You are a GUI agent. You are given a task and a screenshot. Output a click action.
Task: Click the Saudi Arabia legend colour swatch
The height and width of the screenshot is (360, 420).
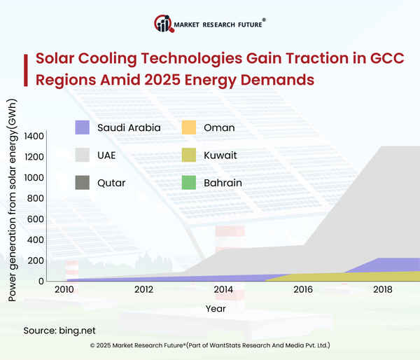click(83, 127)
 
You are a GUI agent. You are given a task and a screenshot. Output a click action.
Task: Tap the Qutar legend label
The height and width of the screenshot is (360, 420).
click(112, 183)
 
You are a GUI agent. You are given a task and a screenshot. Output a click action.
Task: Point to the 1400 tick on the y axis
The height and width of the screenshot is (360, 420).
click(33, 136)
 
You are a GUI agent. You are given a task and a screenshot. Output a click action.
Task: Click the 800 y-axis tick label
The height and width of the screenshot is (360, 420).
click(35, 198)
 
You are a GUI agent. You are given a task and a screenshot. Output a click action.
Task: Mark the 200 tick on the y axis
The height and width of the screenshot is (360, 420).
click(35, 261)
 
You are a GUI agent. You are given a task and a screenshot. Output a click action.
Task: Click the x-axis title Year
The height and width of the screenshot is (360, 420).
click(216, 308)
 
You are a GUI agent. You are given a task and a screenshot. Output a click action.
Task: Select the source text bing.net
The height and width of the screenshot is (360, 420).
click(79, 330)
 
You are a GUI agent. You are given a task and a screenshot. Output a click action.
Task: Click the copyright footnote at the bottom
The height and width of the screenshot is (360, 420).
click(210, 345)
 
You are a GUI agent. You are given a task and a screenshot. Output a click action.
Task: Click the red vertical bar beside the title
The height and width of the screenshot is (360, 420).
click(26, 68)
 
